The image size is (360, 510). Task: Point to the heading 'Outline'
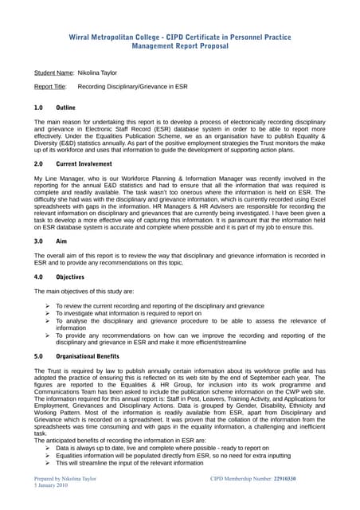point(66,106)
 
